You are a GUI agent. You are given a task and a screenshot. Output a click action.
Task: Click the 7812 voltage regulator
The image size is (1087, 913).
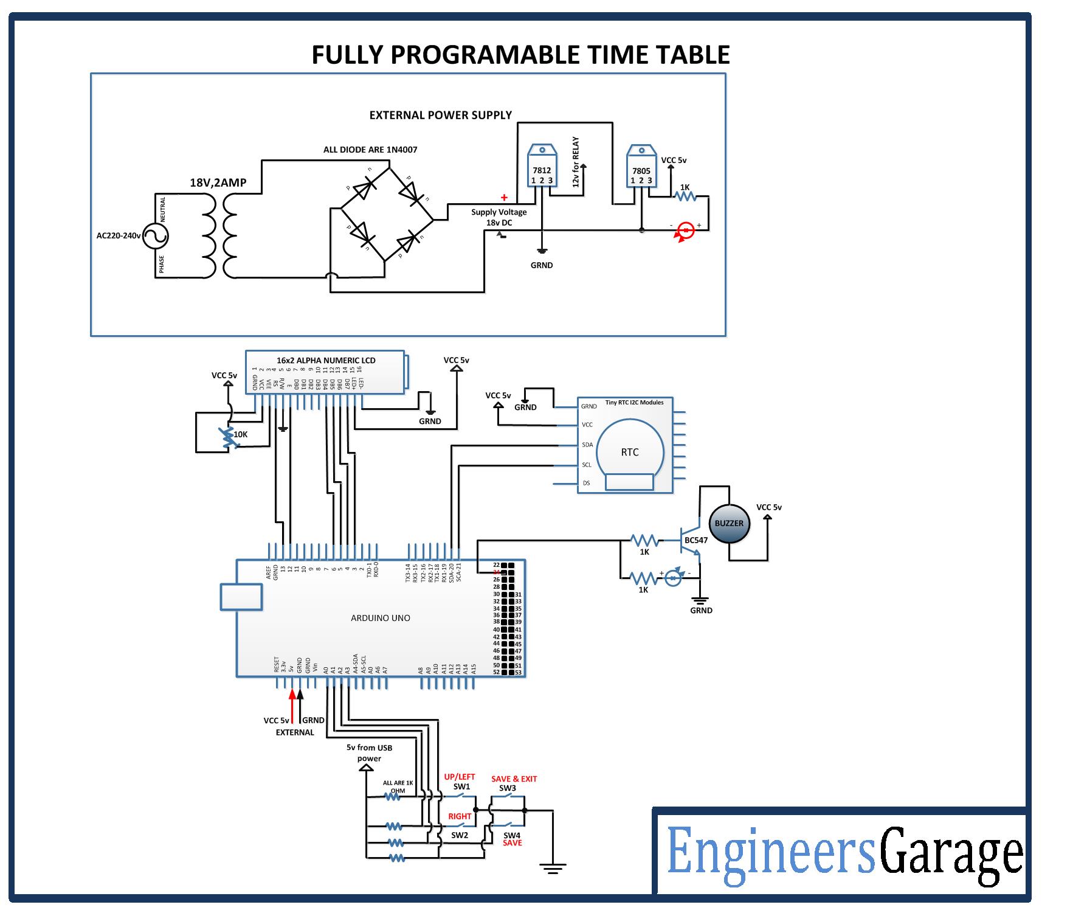[x=541, y=167]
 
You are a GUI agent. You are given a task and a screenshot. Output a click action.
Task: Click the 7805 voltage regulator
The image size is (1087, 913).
[x=641, y=167]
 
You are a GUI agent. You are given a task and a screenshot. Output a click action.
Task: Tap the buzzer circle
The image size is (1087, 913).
[x=729, y=524]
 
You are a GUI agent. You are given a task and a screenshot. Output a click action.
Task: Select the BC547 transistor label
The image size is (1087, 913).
[x=696, y=540]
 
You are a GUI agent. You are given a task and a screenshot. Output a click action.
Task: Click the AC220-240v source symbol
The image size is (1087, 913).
[x=156, y=236]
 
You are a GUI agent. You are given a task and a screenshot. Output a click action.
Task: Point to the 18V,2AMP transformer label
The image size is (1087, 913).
[x=218, y=182]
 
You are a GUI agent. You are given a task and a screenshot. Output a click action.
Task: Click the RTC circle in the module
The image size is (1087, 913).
[x=630, y=452]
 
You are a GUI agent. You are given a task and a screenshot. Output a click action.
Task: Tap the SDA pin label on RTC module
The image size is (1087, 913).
[x=587, y=445]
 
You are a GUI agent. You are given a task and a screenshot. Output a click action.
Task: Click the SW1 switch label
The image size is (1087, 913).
[x=461, y=786]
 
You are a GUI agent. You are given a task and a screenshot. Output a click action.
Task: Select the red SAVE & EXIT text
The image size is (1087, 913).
[x=514, y=779]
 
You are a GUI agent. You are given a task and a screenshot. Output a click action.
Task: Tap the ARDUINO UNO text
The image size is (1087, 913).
[x=381, y=618]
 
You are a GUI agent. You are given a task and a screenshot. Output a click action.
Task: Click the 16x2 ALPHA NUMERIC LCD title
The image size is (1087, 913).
[x=326, y=360]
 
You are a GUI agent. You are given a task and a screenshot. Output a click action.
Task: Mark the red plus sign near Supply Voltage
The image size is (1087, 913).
[x=504, y=197]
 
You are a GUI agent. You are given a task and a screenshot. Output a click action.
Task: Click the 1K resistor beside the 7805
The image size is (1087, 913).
[x=686, y=195]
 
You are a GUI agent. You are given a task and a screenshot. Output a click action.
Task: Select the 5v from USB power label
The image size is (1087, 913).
[x=369, y=753]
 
